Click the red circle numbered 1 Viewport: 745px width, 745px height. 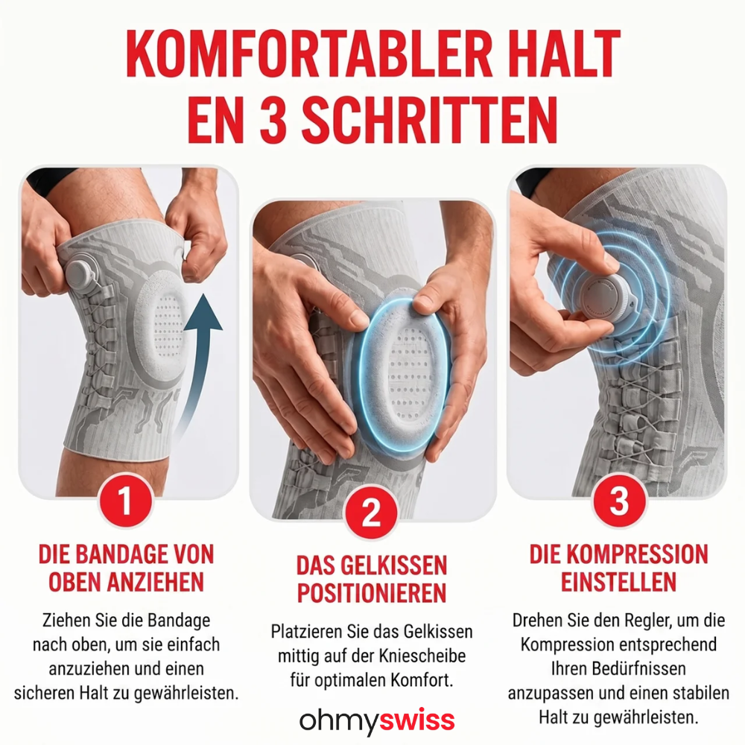tap(125, 501)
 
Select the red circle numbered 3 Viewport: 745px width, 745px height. tap(618, 501)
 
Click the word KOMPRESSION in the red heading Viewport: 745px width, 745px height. tap(637, 554)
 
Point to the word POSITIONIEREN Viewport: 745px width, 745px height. tap(372, 593)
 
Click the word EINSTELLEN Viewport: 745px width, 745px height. tap(618, 582)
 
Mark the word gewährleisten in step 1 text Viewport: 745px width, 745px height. tap(186, 693)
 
